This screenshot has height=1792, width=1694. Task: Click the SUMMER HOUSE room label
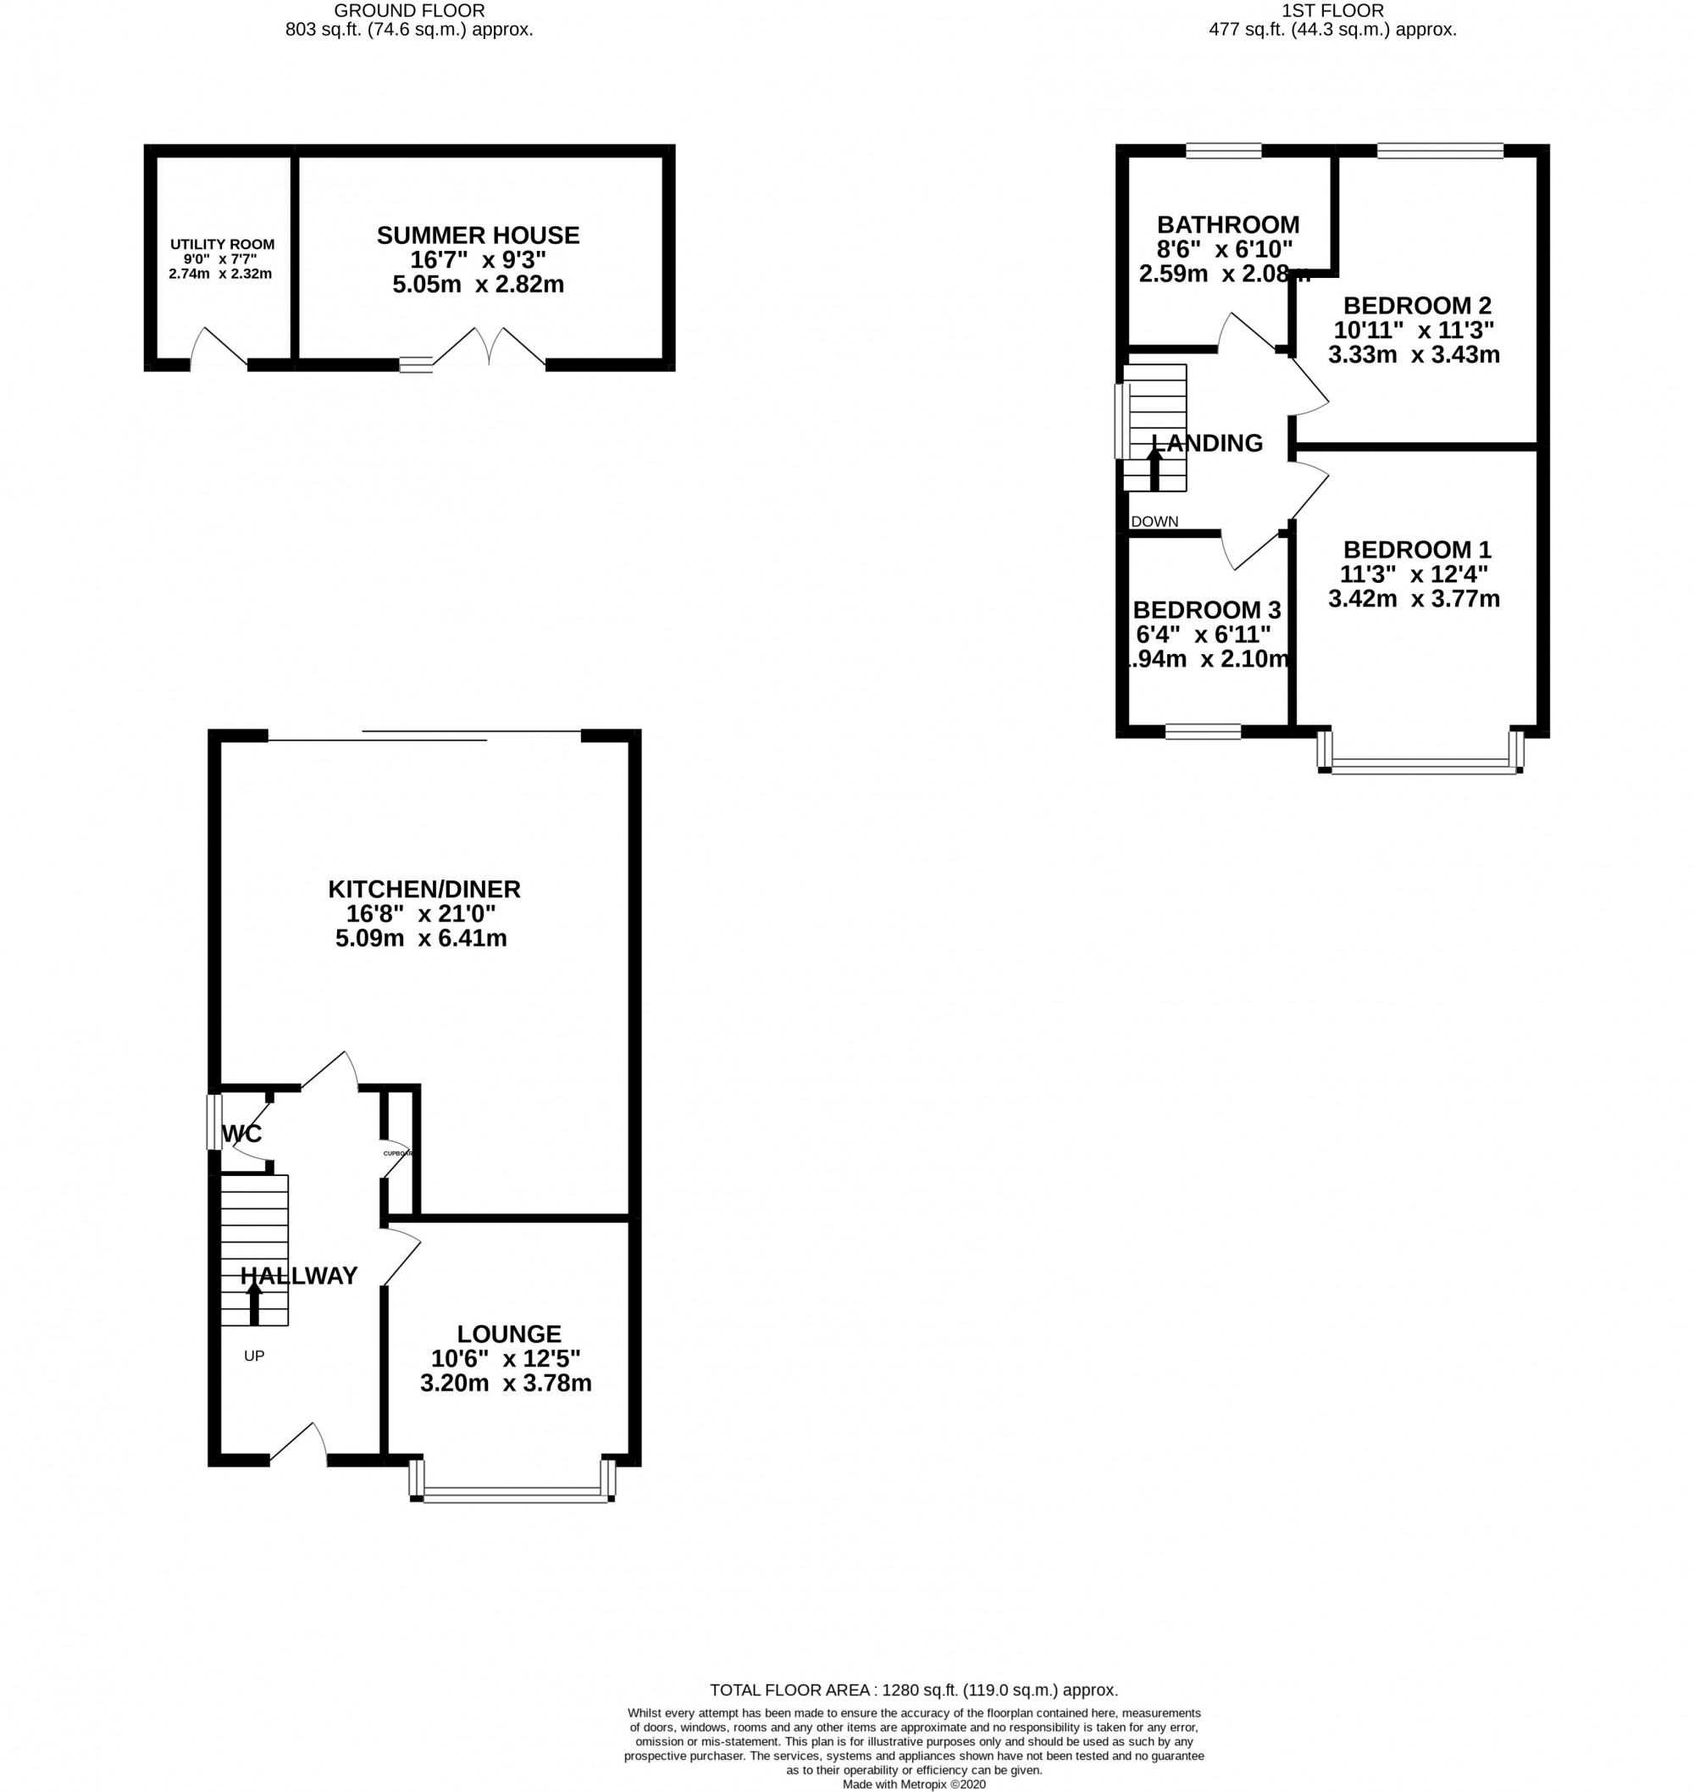[478, 236]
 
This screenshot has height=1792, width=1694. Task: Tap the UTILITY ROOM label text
[222, 245]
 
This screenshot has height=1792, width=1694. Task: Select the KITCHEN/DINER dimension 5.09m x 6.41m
[421, 939]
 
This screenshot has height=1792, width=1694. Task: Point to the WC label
[242, 1134]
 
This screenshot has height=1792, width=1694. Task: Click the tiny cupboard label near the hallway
[397, 1153]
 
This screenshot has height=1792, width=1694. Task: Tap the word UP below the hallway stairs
[254, 1356]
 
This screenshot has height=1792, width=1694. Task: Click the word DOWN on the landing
[1154, 521]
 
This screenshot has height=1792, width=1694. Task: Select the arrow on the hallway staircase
[255, 1303]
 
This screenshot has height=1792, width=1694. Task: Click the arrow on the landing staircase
[1154, 469]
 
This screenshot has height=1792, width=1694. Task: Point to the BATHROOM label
[1228, 225]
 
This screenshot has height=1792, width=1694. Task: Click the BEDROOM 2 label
[1417, 305]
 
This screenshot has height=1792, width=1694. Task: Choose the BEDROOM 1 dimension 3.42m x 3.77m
[1414, 599]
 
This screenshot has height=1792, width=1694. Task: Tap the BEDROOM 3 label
[1206, 611]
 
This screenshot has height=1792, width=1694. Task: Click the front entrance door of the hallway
[299, 1445]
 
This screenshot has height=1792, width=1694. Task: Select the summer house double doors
[490, 347]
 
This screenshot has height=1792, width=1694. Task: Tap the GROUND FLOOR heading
[409, 11]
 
